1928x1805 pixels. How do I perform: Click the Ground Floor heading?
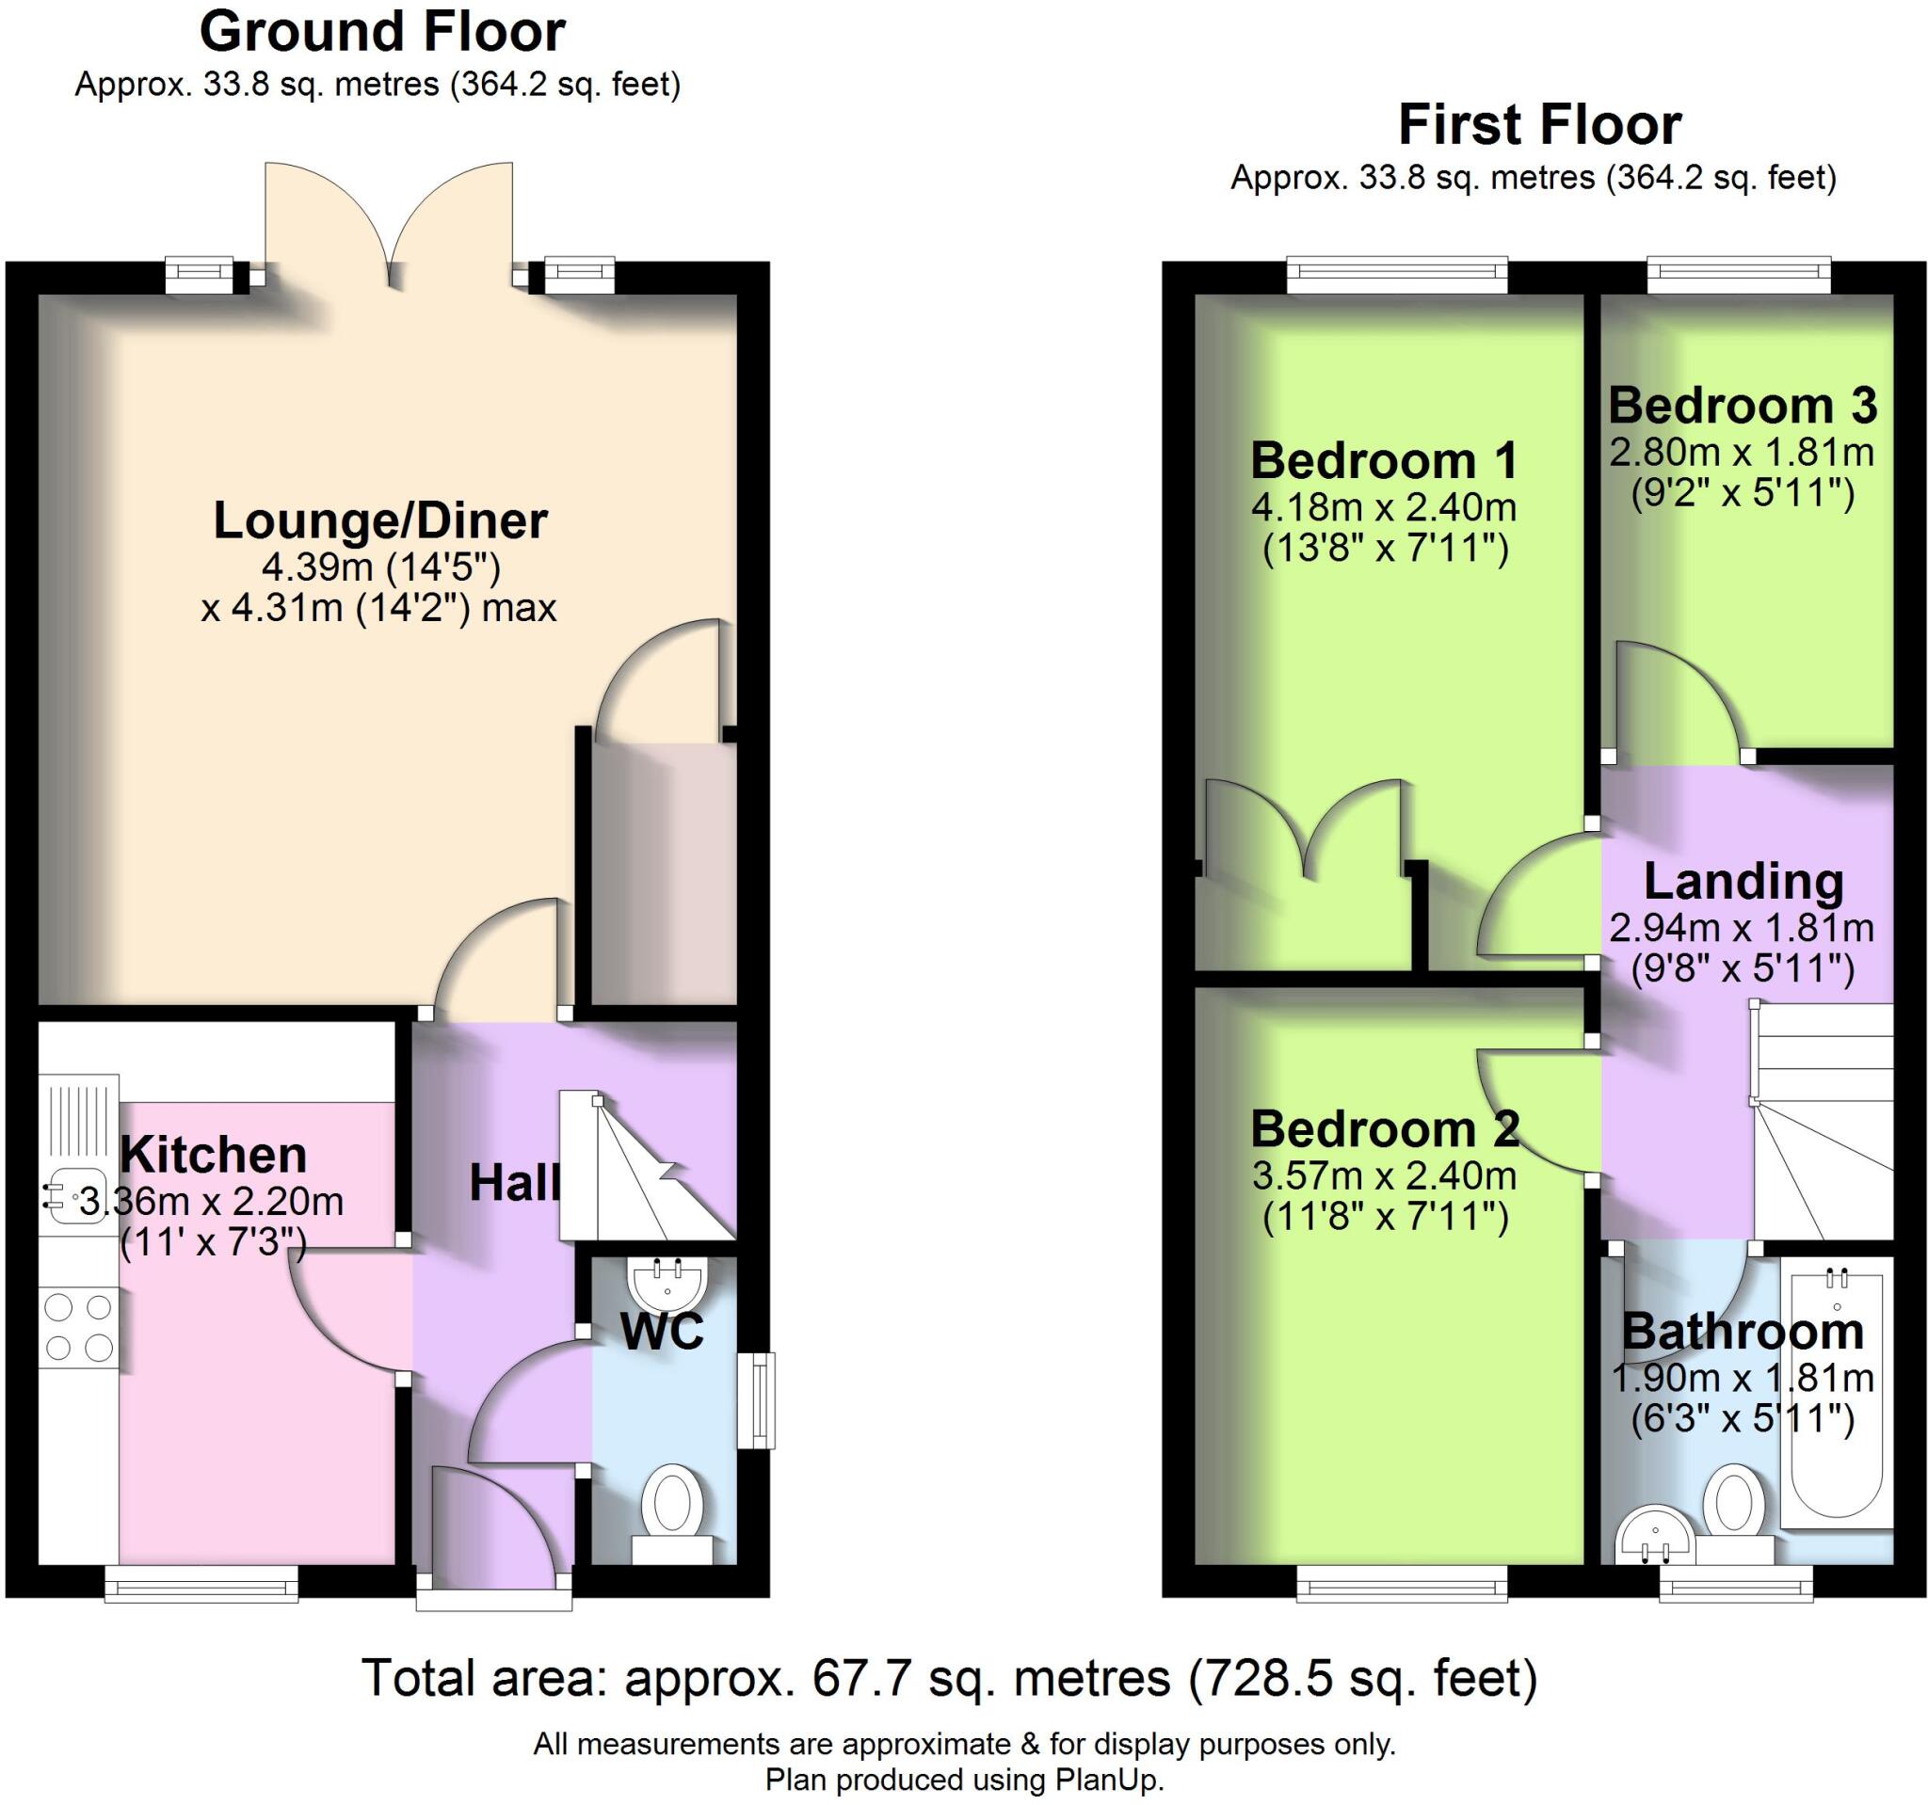coord(382,32)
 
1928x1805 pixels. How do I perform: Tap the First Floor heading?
coord(1539,126)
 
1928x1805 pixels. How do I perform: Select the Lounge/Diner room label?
coord(380,520)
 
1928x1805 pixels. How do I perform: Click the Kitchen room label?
coord(214,1155)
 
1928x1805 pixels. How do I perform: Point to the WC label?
coord(662,1331)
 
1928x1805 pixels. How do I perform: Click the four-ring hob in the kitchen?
coord(78,1327)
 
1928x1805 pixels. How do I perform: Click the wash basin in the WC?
coord(667,1284)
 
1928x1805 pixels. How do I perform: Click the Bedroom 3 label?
coord(1743,406)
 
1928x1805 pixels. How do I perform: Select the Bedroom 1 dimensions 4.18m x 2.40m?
coord(1384,507)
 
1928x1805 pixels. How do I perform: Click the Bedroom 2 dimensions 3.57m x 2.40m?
coord(1384,1175)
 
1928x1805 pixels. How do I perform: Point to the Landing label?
coord(1743,882)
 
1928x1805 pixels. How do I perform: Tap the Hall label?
coord(514,1184)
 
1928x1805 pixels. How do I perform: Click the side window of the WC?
coord(757,1399)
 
